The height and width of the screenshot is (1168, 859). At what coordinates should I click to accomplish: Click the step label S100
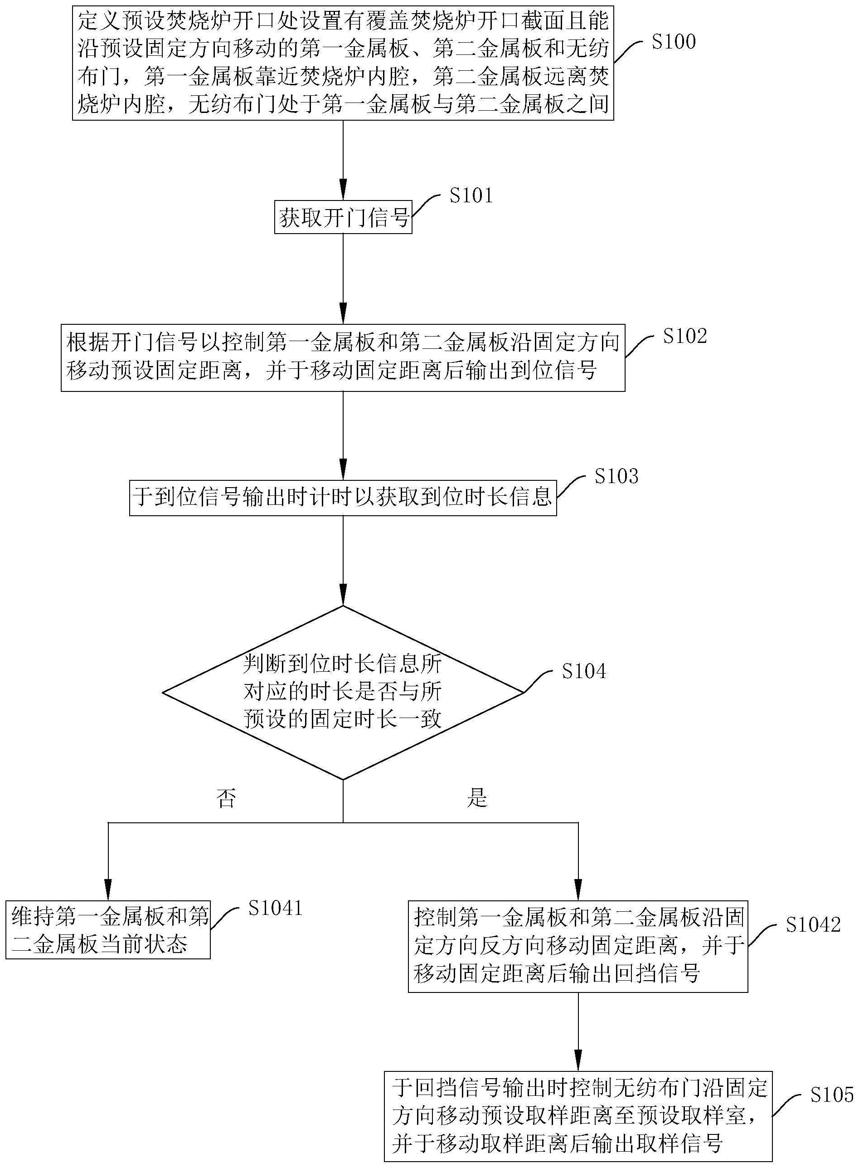pyautogui.click(x=673, y=42)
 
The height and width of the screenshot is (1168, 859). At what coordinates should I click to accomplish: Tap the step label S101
pyautogui.click(x=471, y=195)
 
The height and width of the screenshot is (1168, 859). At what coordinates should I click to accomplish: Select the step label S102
pyautogui.click(x=685, y=337)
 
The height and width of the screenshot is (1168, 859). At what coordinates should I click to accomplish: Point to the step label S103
pyautogui.click(x=616, y=476)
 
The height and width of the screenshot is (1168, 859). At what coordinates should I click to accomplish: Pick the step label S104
pyautogui.click(x=584, y=671)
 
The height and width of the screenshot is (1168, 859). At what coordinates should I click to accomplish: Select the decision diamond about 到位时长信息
pyautogui.click(x=343, y=692)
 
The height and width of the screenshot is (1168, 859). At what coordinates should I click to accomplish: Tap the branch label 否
pyautogui.click(x=226, y=798)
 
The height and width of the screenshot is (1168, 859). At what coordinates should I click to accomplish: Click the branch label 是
pyautogui.click(x=477, y=797)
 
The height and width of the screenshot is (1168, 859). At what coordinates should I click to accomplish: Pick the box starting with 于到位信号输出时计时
pyautogui.click(x=343, y=497)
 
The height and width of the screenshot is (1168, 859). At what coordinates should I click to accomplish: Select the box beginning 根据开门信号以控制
pyautogui.click(x=343, y=358)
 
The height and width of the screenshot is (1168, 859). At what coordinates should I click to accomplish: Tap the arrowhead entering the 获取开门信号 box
pyautogui.click(x=343, y=188)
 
